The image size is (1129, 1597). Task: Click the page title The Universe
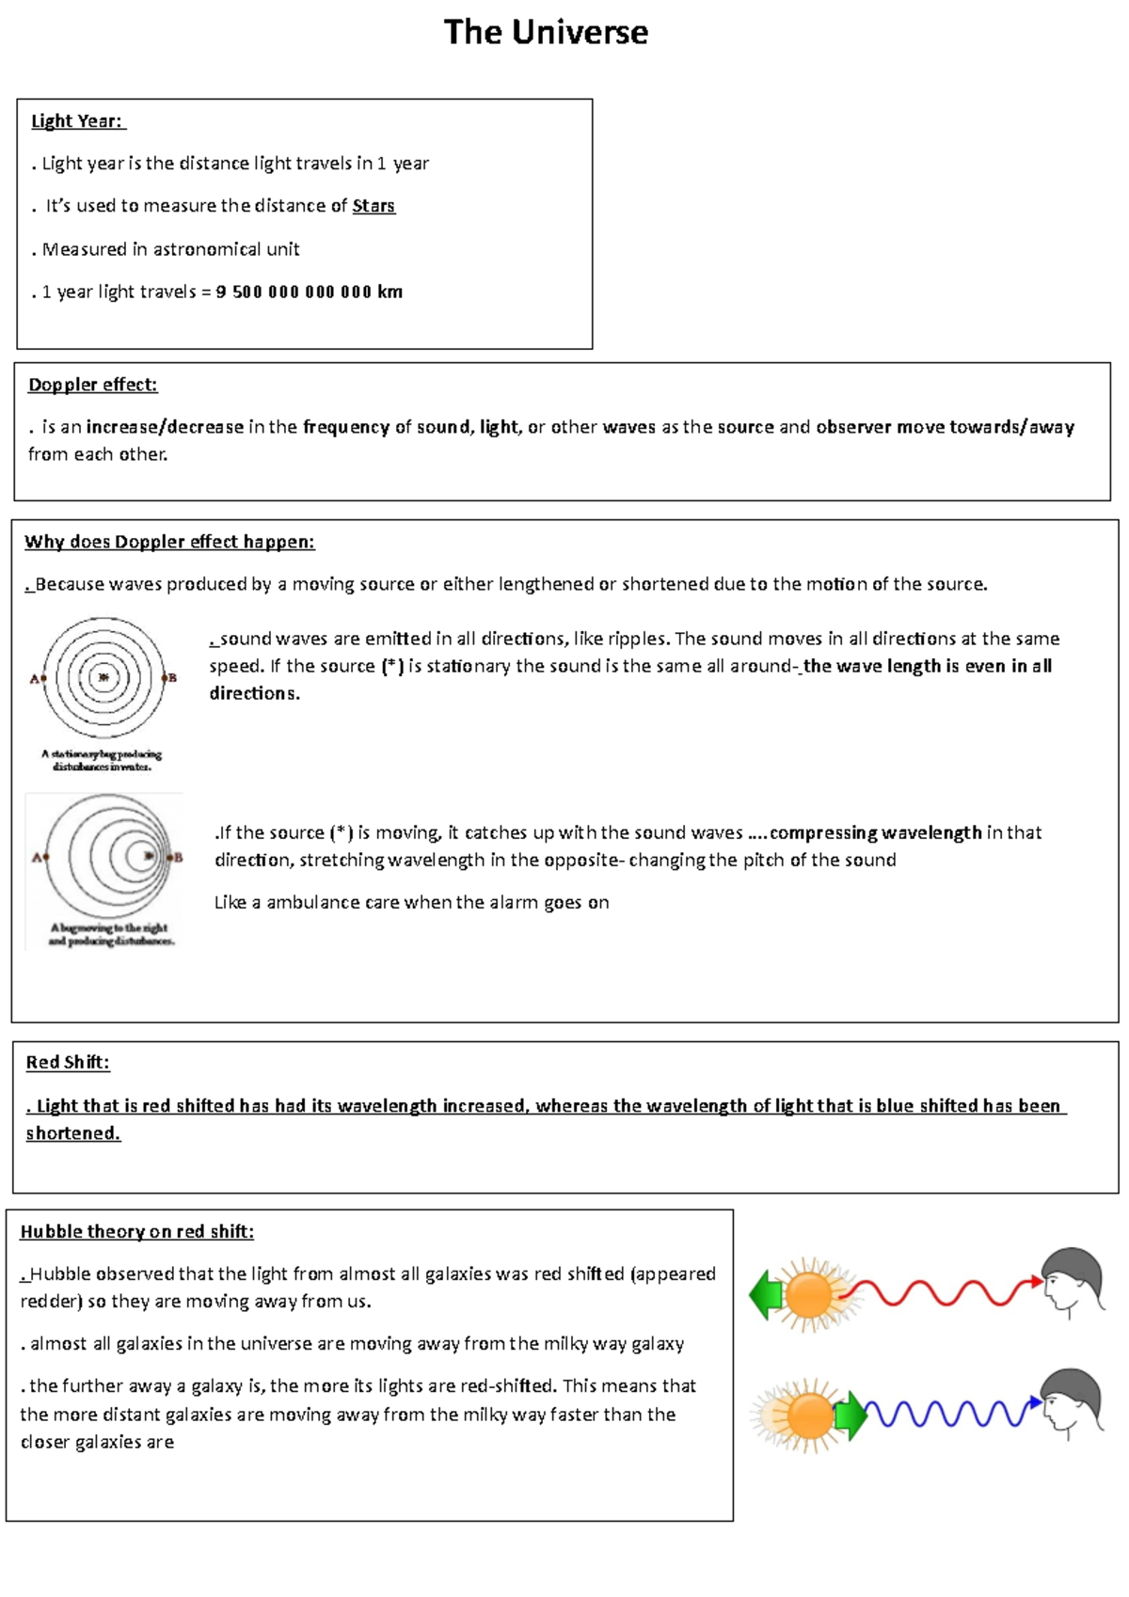(546, 33)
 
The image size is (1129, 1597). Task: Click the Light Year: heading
(77, 121)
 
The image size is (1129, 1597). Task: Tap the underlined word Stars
(374, 206)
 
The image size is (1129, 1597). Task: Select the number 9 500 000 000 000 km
(309, 293)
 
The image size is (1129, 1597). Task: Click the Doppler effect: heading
(92, 385)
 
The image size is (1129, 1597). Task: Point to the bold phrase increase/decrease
(165, 427)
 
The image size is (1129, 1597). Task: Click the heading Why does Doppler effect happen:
(169, 542)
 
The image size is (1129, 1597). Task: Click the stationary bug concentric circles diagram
(103, 677)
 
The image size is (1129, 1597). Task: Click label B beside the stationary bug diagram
(171, 677)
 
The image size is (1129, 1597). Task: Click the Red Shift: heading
(68, 1063)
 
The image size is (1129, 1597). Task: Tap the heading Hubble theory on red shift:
(137, 1232)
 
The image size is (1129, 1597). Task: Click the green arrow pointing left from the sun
(766, 1294)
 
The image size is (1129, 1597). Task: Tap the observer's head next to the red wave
(1073, 1280)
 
